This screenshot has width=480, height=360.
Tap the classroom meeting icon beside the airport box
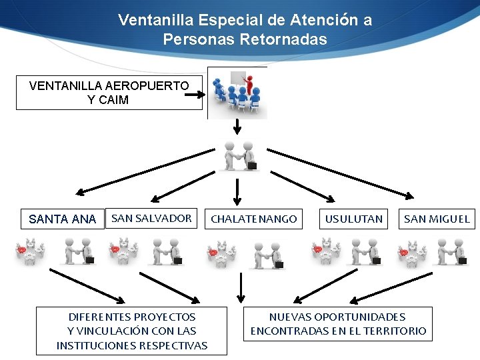coord(237,93)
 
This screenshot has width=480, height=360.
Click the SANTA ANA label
coord(63,219)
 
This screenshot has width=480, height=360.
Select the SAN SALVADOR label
coord(151,218)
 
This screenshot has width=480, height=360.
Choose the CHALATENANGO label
coord(253,219)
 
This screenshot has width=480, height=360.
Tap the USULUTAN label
coord(353,219)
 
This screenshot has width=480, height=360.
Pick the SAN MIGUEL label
coord(437,219)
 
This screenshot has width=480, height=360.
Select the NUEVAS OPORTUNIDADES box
coord(338,324)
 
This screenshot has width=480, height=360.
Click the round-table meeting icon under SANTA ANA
coord(31,252)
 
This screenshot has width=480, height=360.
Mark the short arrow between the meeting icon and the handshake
coord(237,127)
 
